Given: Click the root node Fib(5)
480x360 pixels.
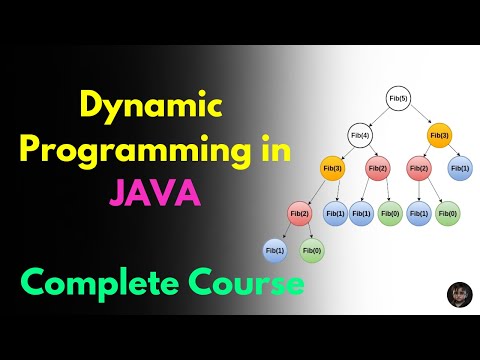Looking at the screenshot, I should coord(398,98).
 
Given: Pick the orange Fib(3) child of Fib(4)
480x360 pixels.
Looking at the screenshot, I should coord(333,169).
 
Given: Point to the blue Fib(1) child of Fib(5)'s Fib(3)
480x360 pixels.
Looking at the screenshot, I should coord(460,169).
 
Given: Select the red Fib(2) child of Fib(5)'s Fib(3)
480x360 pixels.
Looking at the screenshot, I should coord(420,169).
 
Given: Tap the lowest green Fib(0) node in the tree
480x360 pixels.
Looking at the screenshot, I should coord(313,250).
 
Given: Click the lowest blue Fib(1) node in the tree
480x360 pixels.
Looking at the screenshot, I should coord(274,250).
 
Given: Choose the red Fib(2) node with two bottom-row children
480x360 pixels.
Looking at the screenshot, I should coord(299,213).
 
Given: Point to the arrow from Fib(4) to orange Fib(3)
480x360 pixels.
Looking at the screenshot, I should coord(346,151).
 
